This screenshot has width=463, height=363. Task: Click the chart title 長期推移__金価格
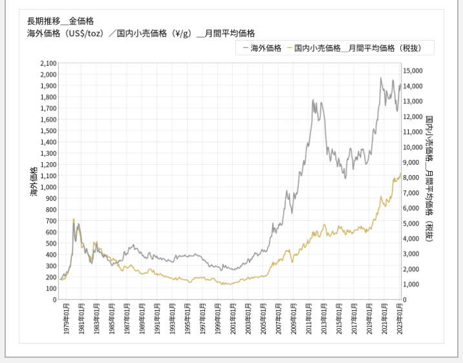pos(61,21)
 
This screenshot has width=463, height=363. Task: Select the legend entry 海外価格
pos(262,48)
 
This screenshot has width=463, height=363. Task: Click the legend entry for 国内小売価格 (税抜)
pos(354,48)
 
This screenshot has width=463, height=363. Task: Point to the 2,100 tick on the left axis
pos(48,63)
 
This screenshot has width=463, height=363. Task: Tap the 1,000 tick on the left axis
pos(48,187)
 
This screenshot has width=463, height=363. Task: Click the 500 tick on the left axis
pos(51,244)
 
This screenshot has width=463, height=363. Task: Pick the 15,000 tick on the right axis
pos(413,71)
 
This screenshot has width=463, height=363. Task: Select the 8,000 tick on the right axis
pos(411,178)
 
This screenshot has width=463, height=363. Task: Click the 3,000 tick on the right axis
pos(411,254)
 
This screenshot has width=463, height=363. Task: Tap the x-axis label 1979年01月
pos(66,319)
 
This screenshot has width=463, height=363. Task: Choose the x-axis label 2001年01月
pos(233,319)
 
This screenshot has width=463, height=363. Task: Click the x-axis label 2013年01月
pos(324,319)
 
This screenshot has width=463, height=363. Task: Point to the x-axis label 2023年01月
pos(400,319)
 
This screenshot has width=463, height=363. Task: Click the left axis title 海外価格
pos(34,181)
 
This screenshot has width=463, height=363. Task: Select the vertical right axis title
pos(429,179)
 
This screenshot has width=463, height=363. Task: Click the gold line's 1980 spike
pos(74,219)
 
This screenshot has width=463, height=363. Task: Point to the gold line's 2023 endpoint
pos(401,174)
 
